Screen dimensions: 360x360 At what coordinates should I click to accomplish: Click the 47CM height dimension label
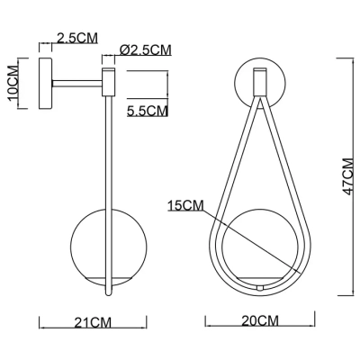pyautogui.click(x=349, y=176)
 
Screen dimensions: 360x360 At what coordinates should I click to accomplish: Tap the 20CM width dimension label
pyautogui.click(x=260, y=321)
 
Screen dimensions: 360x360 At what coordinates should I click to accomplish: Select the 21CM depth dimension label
pyautogui.click(x=93, y=323)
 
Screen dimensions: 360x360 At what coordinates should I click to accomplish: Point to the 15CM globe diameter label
pyautogui.click(x=185, y=206)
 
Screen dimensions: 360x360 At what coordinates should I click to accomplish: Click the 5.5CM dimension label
pyautogui.click(x=147, y=111)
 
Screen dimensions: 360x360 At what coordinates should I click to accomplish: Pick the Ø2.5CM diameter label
pyautogui.click(x=146, y=50)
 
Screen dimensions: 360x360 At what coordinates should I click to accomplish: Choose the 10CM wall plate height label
pyautogui.click(x=13, y=83)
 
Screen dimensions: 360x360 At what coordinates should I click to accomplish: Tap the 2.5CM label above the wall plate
pyautogui.click(x=77, y=38)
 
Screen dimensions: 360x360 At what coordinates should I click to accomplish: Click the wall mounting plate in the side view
pyautogui.click(x=45, y=83)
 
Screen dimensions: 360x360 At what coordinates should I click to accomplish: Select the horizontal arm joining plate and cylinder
pyautogui.click(x=77, y=84)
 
